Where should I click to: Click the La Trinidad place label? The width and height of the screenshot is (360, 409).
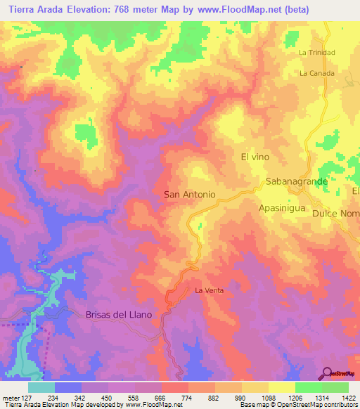pos(316,53)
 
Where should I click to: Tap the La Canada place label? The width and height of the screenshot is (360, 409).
pos(315,73)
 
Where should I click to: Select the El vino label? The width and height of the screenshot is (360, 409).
pos(255,157)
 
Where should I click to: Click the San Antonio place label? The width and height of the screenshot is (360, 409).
pos(189,194)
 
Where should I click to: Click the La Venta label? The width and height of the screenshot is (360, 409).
pos(208,290)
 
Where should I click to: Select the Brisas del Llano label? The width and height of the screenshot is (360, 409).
pos(118,315)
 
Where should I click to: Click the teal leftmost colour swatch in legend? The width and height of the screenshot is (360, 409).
pos(41,387)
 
